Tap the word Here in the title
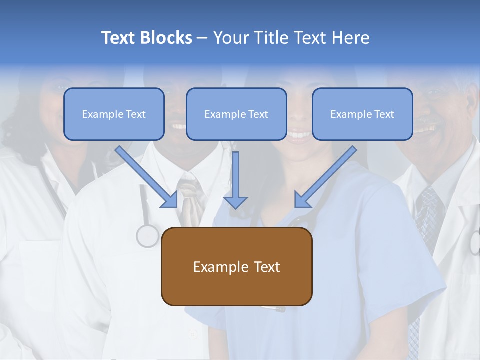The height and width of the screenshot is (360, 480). point(349,38)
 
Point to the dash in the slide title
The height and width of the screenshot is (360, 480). point(202,38)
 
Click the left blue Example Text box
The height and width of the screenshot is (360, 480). point(114,114)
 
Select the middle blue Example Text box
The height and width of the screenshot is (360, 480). point(236,114)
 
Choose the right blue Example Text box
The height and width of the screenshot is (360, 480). point(362,114)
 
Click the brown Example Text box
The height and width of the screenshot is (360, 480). point(236,266)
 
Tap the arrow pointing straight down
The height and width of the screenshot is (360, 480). point(235,180)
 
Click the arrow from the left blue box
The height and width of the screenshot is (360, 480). point(147,177)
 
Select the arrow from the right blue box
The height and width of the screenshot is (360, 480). point(325,177)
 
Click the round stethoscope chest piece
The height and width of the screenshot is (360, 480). point(148,236)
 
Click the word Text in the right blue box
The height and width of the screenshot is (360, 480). point(384,114)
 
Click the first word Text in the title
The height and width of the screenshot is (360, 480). point(120,38)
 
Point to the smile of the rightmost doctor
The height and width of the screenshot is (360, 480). point(425,129)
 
